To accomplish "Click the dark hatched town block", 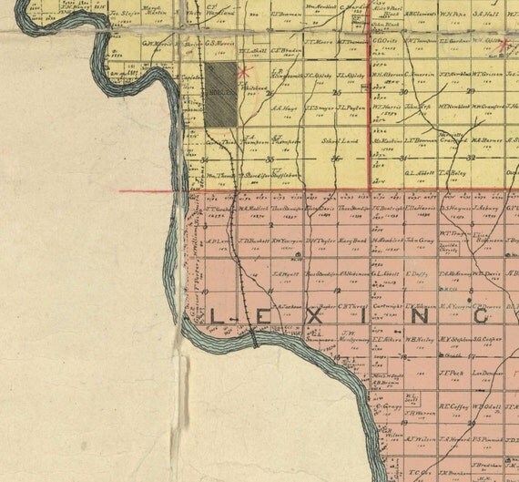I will click(219, 91).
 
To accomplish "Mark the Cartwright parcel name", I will click(388, 306).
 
